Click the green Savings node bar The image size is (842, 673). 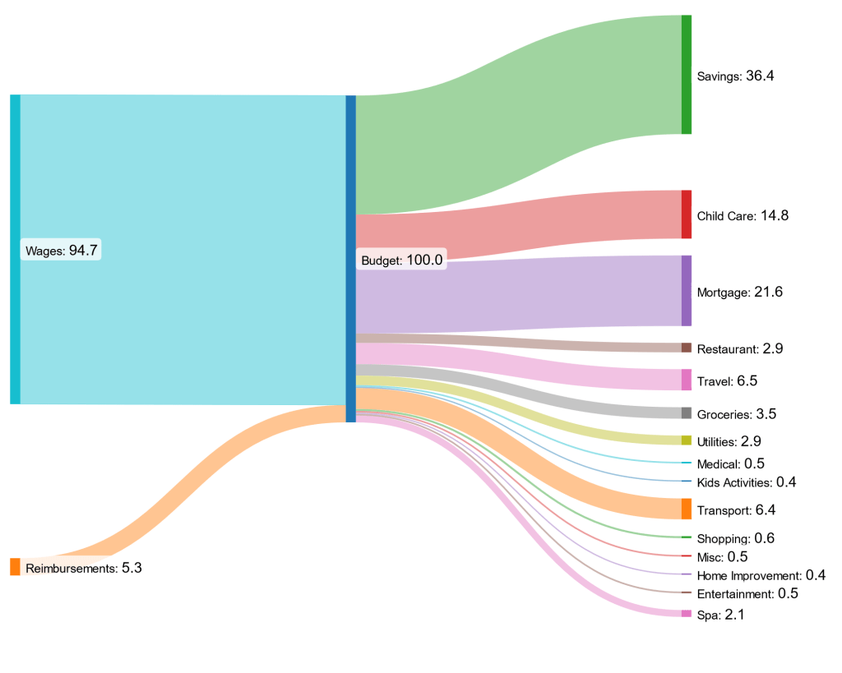pos(686,74)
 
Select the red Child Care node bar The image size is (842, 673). pos(686,214)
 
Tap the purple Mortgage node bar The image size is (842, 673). pos(686,291)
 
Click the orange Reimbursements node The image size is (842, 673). pos(15,567)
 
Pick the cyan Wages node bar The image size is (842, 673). pos(15,249)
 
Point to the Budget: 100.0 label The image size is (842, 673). pos(403,260)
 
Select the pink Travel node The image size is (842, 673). pos(686,380)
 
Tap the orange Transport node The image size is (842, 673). pos(686,509)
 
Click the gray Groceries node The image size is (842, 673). pos(686,413)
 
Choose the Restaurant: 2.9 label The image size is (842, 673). pos(739,348)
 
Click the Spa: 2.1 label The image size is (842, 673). pos(720,615)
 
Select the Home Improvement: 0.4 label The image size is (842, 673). pos(761,575)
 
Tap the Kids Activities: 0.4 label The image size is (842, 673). pos(746,482)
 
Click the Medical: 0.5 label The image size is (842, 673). pos(731,463)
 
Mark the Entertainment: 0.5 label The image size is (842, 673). pos(747,593)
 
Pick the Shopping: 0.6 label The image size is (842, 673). pos(736,538)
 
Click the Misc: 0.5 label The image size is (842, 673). pos(723,557)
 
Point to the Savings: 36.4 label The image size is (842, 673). pos(735,76)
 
